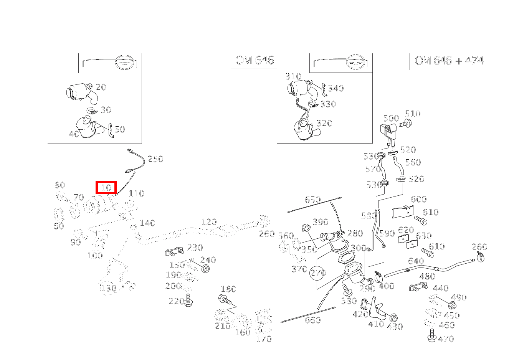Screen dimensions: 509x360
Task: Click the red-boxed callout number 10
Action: click(x=106, y=188)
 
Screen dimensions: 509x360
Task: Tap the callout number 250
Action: click(x=155, y=159)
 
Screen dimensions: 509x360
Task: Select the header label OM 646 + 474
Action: click(x=449, y=60)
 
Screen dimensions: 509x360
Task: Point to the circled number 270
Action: click(x=318, y=273)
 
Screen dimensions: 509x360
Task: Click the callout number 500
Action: click(x=391, y=118)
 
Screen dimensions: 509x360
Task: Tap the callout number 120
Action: click(x=209, y=222)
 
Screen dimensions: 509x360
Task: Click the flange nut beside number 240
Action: click(x=205, y=269)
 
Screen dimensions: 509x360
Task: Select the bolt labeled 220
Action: click(x=188, y=300)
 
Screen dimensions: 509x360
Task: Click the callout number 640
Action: click(x=416, y=261)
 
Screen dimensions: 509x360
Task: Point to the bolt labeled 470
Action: click(x=432, y=335)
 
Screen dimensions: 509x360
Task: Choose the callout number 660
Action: click(x=313, y=320)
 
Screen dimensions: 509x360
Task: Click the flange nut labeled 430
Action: click(x=393, y=318)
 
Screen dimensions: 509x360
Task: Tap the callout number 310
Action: click(x=293, y=76)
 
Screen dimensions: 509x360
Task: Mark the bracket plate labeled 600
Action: click(x=403, y=212)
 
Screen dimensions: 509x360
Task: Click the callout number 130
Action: click(x=108, y=289)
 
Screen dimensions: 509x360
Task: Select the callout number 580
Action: click(x=369, y=216)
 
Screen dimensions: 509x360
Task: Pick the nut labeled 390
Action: click(x=306, y=228)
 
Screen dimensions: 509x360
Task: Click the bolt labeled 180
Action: click(x=225, y=300)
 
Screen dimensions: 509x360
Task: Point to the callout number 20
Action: click(x=101, y=87)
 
